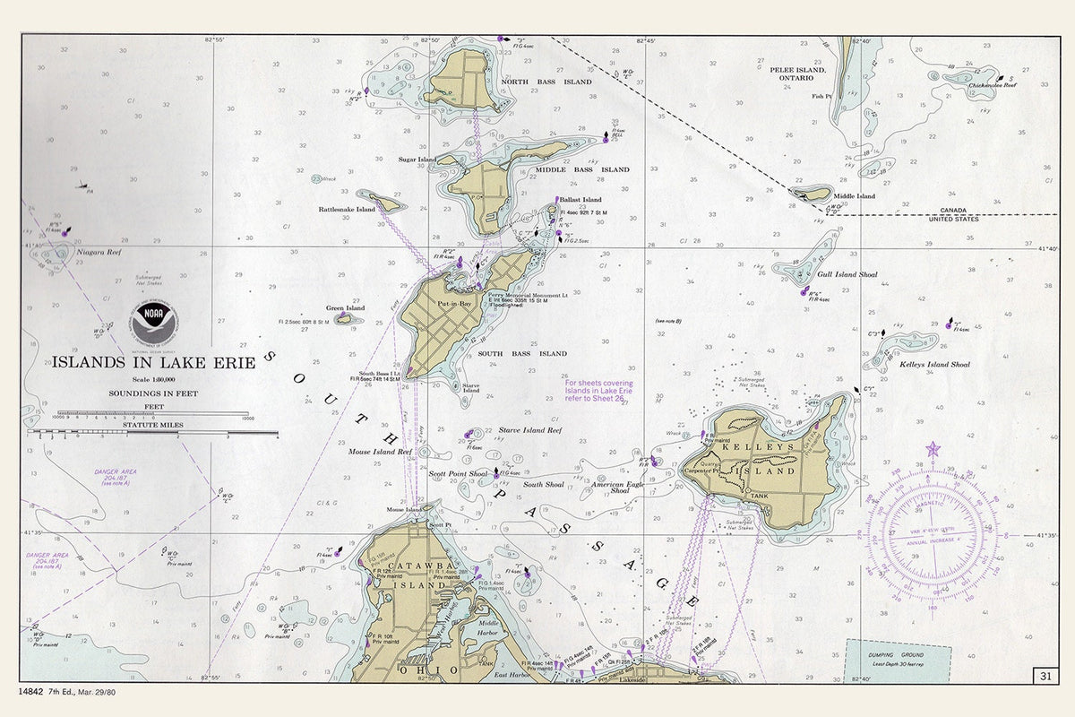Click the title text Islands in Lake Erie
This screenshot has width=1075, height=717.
click(153, 362)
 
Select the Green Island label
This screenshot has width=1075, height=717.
click(345, 308)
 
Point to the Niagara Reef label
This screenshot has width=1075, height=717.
click(99, 253)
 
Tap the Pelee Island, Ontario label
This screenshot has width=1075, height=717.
click(797, 73)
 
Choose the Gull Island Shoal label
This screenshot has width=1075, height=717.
click(846, 275)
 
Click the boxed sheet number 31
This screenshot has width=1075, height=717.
click(1045, 675)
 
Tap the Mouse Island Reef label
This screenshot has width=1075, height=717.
click(380, 453)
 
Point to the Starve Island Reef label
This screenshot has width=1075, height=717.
click(530, 431)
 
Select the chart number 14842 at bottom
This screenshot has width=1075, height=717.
click(32, 692)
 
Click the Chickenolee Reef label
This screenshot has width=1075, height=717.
click(993, 85)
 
